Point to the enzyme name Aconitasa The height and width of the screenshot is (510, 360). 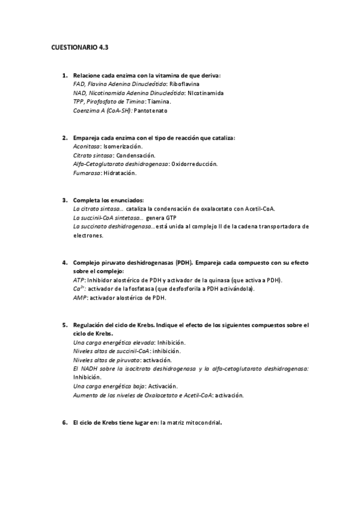click(87, 146)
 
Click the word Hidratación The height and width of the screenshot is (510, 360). click(120, 173)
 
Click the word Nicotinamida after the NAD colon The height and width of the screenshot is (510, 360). click(206, 94)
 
